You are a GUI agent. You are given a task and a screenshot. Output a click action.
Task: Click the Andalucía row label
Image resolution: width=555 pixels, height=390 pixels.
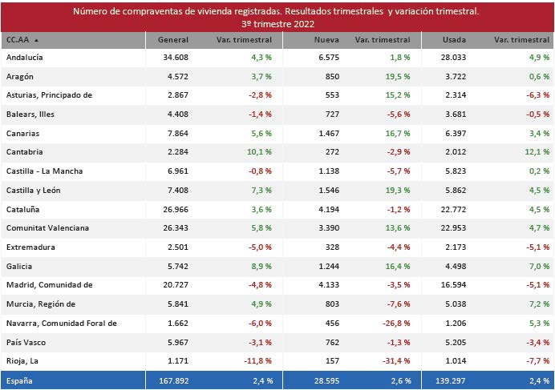[25, 58]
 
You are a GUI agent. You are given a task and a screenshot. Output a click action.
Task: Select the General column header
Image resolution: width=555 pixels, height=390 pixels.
[173, 39]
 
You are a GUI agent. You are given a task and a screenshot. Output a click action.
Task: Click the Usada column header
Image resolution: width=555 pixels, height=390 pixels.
[455, 39]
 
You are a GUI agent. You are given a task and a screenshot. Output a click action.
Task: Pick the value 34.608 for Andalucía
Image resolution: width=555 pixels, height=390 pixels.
[175, 58]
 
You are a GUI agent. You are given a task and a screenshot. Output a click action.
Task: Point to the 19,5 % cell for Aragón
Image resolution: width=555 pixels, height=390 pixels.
[398, 76]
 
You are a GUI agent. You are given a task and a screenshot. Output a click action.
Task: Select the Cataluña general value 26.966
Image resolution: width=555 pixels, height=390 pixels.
[175, 209]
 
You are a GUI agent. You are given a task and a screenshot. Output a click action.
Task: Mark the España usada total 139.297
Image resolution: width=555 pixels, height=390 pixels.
[448, 380]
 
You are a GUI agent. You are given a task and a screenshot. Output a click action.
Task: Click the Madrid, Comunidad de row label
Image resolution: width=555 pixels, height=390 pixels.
[49, 285]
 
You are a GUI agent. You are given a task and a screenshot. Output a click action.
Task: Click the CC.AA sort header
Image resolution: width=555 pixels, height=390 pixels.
[22, 39]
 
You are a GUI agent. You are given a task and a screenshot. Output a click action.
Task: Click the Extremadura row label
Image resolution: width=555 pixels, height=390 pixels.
[30, 247]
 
